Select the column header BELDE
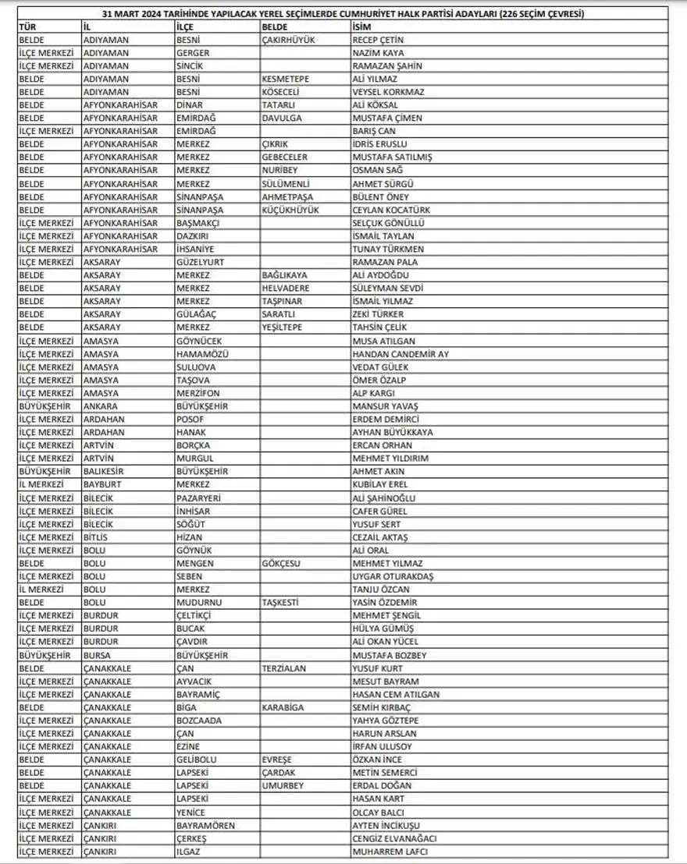click(275, 27)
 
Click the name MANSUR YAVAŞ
click(386, 406)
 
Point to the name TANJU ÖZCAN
click(383, 590)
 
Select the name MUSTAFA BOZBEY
click(390, 655)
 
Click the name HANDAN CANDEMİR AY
click(400, 354)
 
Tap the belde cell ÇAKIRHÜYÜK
click(288, 39)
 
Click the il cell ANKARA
click(101, 406)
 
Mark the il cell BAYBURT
click(103, 485)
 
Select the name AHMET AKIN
click(379, 472)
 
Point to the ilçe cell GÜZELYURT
click(200, 262)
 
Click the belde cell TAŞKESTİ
click(280, 603)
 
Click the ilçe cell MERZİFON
click(198, 393)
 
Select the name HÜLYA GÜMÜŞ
click(383, 629)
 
